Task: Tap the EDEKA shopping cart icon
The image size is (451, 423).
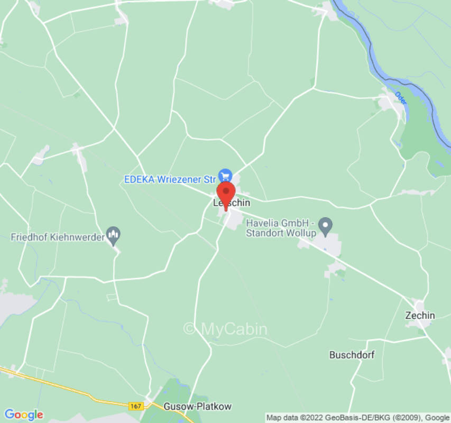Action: coord(226,175)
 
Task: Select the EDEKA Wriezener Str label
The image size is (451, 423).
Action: coord(170,179)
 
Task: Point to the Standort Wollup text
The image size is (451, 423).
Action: coord(281,233)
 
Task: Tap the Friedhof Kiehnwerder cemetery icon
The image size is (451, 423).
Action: coord(113,233)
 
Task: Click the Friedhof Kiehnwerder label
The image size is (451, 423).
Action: coord(58,237)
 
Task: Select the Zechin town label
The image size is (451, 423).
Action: coord(420,316)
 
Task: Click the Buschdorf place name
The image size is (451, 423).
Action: coord(352,355)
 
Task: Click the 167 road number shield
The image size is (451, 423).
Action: coord(135,406)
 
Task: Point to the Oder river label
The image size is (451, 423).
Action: coord(400,98)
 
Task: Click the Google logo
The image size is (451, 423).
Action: coord(23,415)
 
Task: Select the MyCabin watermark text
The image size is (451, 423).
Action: coord(225,329)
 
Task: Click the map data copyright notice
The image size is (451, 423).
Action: coord(357,418)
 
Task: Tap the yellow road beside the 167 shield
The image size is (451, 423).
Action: coord(79,392)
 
